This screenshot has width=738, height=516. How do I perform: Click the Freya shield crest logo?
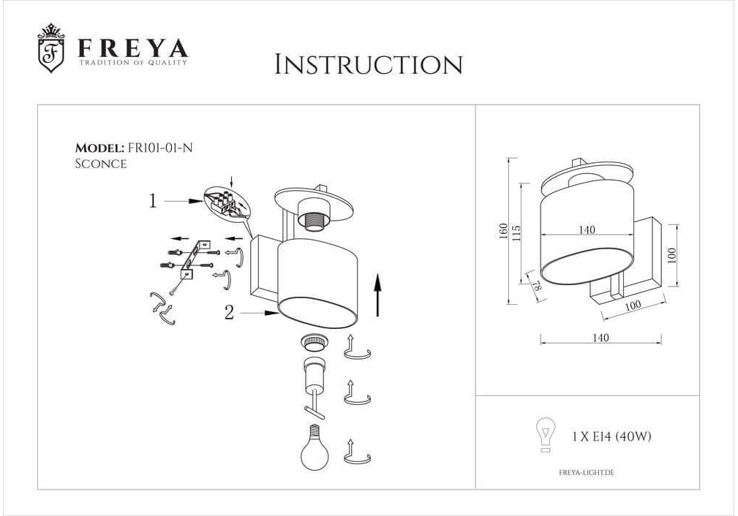pos(50,48)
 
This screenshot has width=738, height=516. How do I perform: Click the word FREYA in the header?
pos(133,48)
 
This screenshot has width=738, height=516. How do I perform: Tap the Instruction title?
pos(369,64)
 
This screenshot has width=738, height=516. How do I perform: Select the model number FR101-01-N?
pos(160,148)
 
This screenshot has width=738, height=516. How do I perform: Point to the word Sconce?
pos(101,164)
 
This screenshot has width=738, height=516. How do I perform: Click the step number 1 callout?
pos(152,201)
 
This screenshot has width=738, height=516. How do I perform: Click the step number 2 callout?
pos(229,312)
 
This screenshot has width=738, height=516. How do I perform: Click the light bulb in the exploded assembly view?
pos(315,447)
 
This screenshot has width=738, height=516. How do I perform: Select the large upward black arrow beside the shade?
pos(378,296)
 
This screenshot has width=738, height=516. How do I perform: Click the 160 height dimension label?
pos(503,231)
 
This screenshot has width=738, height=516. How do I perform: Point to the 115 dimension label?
pos(516,233)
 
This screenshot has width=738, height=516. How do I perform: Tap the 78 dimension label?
pos(537,284)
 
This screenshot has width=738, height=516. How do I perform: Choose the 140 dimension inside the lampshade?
pos(587,229)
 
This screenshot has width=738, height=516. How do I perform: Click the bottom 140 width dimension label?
pos(600,338)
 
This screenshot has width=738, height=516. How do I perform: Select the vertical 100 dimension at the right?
pos(671,255)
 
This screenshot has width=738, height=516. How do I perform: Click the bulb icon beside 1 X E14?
pos(546,435)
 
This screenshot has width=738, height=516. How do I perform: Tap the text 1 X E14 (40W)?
pos(611,436)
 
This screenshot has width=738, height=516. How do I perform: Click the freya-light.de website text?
pos(587,473)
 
